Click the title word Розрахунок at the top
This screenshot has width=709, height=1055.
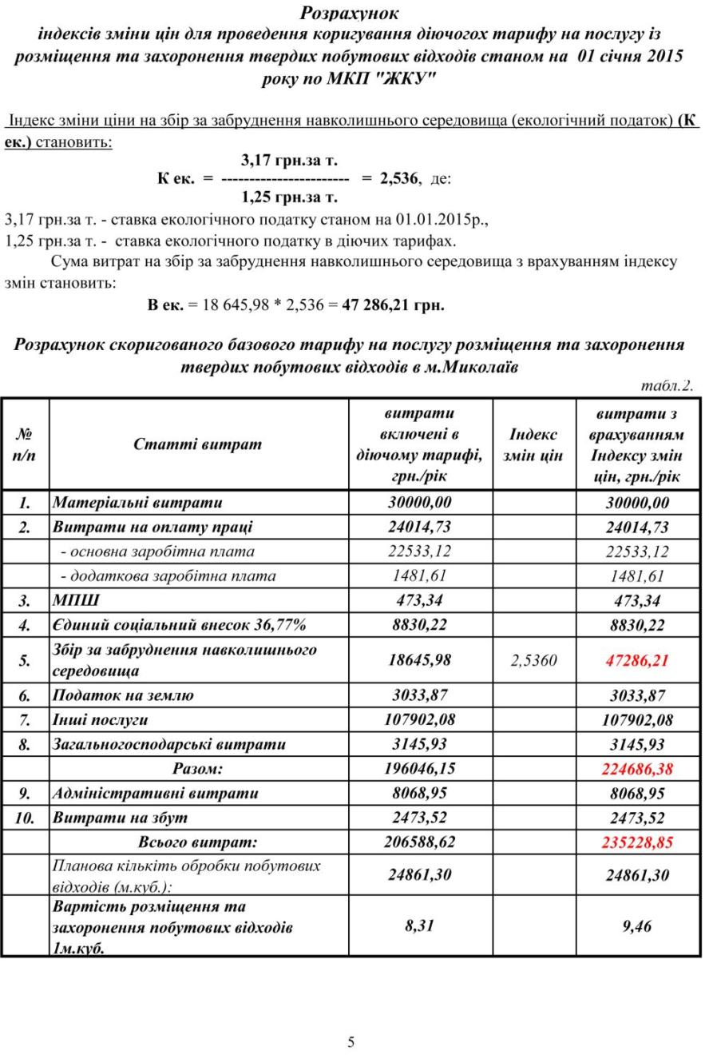[350, 14]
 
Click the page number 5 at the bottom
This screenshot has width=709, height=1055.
[351, 1041]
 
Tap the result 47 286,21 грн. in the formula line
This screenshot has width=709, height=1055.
[393, 305]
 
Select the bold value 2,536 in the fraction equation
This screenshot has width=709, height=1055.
[399, 178]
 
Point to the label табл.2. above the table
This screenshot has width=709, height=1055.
[667, 386]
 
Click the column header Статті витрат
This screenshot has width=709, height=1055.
[197, 444]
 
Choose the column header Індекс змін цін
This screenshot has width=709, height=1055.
[533, 445]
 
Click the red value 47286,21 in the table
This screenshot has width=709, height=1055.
[637, 660]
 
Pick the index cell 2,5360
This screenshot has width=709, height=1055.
[533, 660]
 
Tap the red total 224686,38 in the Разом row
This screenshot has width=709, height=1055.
[637, 769]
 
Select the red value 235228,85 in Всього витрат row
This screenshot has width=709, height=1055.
[637, 842]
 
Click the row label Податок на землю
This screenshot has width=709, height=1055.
[123, 695]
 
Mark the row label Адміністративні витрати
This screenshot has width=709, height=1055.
[155, 794]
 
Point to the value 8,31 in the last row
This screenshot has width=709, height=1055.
[420, 926]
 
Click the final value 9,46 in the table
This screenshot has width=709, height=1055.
[637, 926]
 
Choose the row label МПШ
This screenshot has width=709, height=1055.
[76, 600]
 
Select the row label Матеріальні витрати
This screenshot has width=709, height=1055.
[137, 503]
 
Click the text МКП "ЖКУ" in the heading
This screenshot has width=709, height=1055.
[385, 79]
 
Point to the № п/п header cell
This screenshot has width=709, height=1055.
[25, 444]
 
